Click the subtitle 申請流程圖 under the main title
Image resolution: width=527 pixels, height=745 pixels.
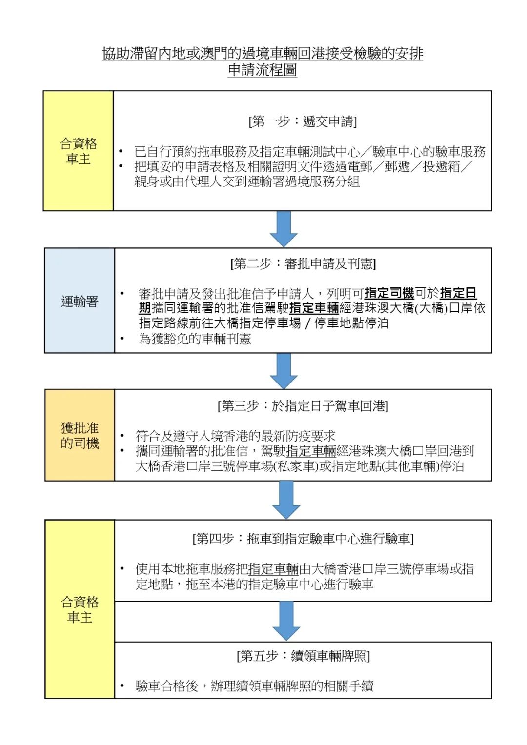262,70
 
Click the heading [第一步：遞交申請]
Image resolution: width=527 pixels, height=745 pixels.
303,121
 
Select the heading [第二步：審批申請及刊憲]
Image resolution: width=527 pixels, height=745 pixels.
303,264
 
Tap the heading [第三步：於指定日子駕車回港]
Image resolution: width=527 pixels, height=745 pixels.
303,406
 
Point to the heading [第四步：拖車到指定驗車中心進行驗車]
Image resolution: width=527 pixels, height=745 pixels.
303,539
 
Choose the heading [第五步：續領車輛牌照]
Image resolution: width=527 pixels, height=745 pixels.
303,656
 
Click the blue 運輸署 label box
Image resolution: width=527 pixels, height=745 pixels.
80,301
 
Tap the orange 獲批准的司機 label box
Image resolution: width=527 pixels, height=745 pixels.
80,435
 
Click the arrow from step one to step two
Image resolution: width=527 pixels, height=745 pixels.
284,229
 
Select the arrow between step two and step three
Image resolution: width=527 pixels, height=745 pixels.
284,371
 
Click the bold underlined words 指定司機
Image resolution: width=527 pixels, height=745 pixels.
389,293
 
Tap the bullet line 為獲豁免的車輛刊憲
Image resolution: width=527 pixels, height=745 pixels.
195,339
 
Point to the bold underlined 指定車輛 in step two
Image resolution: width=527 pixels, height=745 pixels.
314,308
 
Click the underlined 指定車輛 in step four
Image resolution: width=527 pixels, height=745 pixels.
273,569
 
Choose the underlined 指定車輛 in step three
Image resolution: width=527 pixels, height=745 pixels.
311,451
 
